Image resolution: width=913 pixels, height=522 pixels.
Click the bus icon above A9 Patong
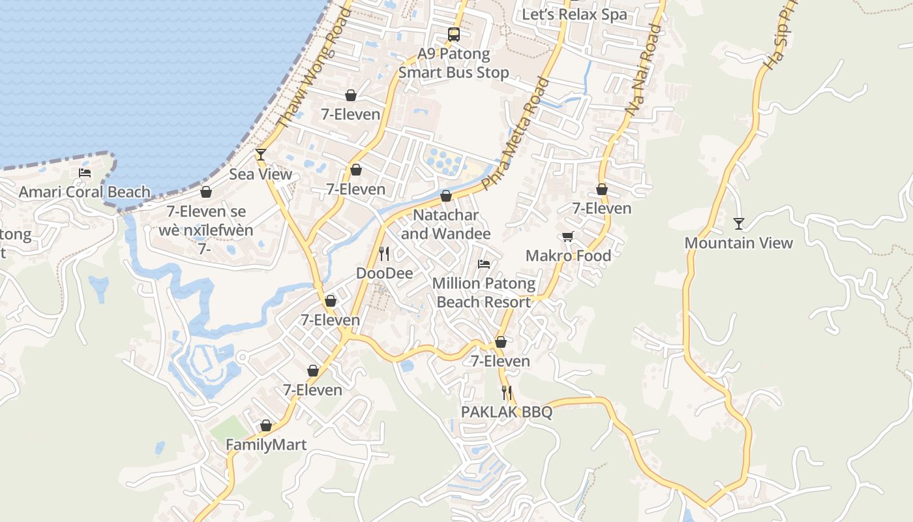pos(453,35)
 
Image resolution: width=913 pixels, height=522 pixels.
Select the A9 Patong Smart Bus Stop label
pos(453,63)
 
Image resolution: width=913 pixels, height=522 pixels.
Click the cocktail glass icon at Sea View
pos(261,155)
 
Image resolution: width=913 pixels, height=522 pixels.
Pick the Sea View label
pos(261,174)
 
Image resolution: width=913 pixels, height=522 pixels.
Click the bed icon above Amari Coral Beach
pos(85,173)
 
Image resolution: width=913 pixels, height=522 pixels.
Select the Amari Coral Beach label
pos(85,192)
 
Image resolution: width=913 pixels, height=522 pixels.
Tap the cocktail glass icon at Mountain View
pos(738,224)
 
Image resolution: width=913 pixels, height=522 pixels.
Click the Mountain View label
pos(738,243)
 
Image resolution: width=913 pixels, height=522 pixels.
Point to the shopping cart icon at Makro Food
pos(568,236)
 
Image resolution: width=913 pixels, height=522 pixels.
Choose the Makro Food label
pos(568,256)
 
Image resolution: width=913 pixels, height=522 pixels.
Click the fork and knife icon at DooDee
pos(384,254)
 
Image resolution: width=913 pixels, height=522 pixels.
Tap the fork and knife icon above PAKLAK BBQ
pos(507,393)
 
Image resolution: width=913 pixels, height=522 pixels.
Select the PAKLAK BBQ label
pos(507,412)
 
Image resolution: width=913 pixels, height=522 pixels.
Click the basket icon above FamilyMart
pos(265,426)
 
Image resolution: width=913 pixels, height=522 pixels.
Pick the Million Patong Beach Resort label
pos(483,293)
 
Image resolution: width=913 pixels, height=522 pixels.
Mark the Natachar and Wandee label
pos(446,224)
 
